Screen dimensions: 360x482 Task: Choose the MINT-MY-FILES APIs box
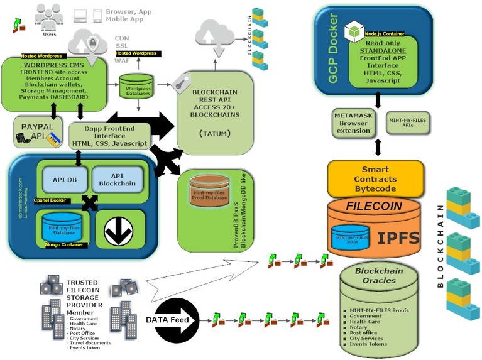[x=407, y=122]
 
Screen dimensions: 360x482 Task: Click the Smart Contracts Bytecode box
[x=375, y=178]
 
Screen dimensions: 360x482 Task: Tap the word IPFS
[x=398, y=237]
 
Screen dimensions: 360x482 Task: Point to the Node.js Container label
[x=383, y=34]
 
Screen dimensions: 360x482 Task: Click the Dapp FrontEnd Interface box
[x=110, y=136]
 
